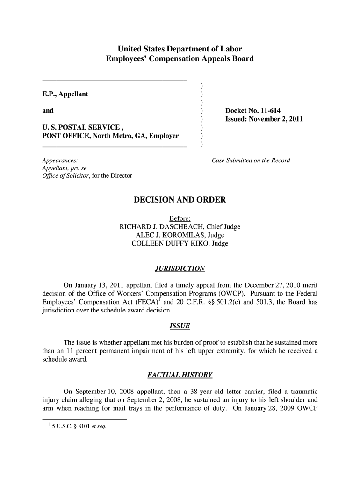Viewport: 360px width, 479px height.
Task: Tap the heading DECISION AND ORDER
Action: click(180, 200)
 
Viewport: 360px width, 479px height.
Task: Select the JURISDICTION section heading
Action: click(180, 269)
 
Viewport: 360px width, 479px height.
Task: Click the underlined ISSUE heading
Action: click(180, 326)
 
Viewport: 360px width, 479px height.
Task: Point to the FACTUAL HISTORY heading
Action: click(180, 375)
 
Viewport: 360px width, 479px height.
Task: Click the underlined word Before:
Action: click(180, 218)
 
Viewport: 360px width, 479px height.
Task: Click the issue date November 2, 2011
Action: click(277, 119)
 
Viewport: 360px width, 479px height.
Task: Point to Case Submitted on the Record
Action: click(251, 160)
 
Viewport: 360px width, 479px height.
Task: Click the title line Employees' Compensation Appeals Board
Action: click(180, 59)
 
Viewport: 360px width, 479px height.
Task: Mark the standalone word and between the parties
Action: click(48, 111)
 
